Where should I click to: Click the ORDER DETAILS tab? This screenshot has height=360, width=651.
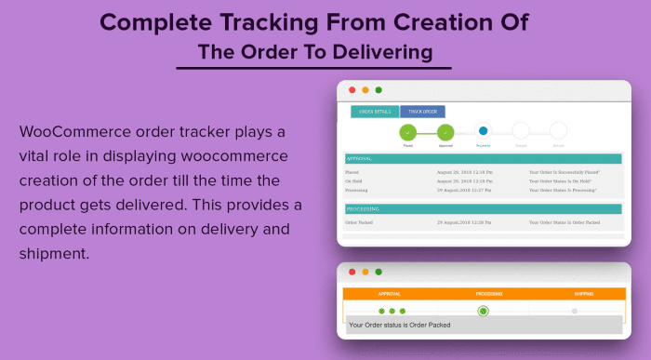tap(375, 112)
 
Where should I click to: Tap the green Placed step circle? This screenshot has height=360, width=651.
tap(407, 132)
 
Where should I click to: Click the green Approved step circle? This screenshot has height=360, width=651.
tap(445, 132)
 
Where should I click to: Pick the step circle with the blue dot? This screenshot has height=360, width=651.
tap(483, 131)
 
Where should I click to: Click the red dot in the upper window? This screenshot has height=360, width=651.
tap(352, 90)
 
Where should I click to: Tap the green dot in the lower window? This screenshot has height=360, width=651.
tap(379, 273)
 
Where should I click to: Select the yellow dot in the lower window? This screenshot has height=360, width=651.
tap(365, 273)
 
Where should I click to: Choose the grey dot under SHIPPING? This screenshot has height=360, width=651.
tap(574, 311)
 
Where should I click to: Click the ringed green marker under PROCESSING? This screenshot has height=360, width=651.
tap(483, 311)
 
